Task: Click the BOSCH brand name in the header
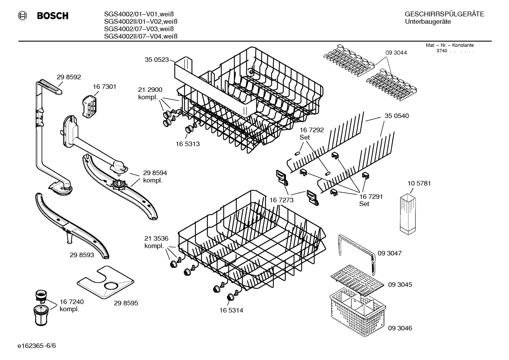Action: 52,16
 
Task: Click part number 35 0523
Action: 157,60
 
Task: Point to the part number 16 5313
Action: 187,144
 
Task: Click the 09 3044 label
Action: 396,53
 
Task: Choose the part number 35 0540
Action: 397,116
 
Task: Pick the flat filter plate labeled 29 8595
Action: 106,281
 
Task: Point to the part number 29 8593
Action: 82,254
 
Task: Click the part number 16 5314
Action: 231,310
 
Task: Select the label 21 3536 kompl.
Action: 156,242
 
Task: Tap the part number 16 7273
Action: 281,200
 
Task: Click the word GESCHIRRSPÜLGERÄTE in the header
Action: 444,14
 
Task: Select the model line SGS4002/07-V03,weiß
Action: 140,29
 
